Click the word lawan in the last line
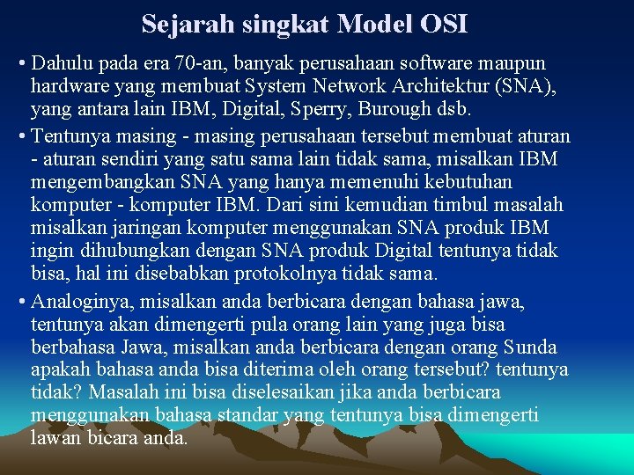coord(55,437)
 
